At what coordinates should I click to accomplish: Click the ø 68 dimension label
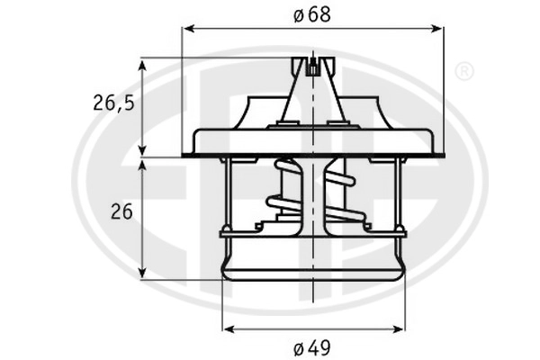pyautogui.click(x=312, y=14)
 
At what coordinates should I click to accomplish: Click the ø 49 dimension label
pyautogui.click(x=312, y=347)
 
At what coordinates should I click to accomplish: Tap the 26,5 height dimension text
pyautogui.click(x=113, y=103)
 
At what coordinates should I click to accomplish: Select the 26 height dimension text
pyautogui.click(x=121, y=211)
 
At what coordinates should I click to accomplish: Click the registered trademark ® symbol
pyautogui.click(x=464, y=71)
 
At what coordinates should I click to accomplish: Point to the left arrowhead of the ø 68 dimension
pyautogui.click(x=189, y=29)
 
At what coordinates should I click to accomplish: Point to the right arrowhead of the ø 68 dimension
pyautogui.click(x=436, y=29)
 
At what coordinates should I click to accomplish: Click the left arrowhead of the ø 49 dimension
pyautogui.click(x=229, y=329)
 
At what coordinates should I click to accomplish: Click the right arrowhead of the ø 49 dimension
pyautogui.click(x=396, y=329)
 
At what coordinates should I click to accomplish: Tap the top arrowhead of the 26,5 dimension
pyautogui.click(x=142, y=65)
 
